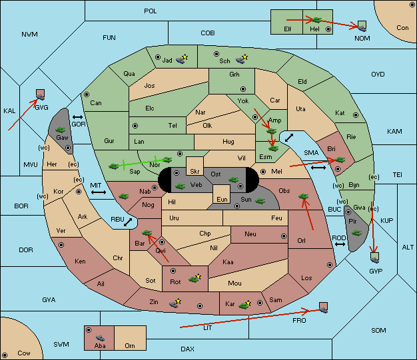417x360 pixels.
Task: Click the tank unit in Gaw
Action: click(x=61, y=130)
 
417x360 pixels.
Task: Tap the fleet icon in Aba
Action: click(x=100, y=338)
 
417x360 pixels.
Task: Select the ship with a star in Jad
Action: click(x=182, y=59)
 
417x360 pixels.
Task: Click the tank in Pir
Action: click(x=356, y=233)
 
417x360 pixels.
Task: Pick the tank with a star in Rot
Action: click(x=195, y=278)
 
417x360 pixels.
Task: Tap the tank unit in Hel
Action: click(x=316, y=20)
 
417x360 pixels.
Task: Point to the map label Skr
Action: click(x=195, y=172)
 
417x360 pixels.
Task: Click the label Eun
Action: click(x=222, y=199)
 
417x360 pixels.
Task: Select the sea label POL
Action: click(x=151, y=11)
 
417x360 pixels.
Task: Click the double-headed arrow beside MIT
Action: click(x=99, y=192)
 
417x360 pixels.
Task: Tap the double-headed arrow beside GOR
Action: click(x=77, y=117)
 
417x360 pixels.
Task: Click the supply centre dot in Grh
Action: click(x=243, y=89)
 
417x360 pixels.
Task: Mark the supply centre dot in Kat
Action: click(x=356, y=115)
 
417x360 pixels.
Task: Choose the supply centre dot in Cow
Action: click(x=5, y=355)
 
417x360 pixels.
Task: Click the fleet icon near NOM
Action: click(x=362, y=27)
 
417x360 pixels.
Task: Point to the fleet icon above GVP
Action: click(x=375, y=258)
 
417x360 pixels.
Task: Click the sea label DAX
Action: click(x=187, y=349)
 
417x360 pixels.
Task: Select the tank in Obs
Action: click(x=304, y=196)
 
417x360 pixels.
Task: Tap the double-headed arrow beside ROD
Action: click(x=340, y=244)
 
